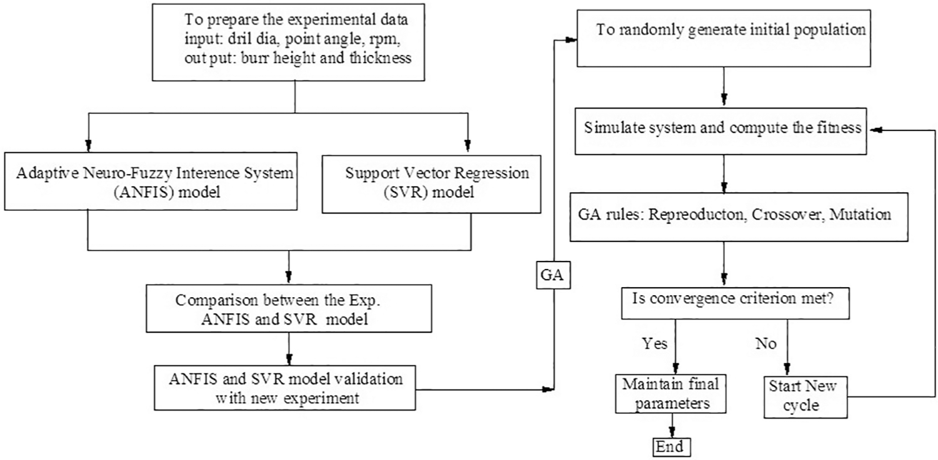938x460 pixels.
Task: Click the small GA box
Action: click(x=553, y=275)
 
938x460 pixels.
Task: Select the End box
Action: click(x=671, y=447)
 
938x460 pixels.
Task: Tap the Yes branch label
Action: click(x=654, y=343)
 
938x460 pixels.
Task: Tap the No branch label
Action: click(x=766, y=343)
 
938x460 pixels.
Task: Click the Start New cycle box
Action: click(x=806, y=397)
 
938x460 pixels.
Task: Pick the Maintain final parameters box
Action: click(x=671, y=393)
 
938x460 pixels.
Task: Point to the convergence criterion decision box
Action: click(x=735, y=303)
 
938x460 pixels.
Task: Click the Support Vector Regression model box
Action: click(x=431, y=184)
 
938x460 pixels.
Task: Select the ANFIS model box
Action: click(x=151, y=181)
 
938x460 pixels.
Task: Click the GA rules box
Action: click(x=739, y=217)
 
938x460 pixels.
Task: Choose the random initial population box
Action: click(x=724, y=39)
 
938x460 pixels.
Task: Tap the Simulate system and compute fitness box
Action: click(x=721, y=131)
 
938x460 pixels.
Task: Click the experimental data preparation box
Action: click(x=288, y=42)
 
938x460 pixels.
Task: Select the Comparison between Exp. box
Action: click(x=289, y=308)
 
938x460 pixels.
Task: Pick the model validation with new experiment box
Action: click(x=285, y=388)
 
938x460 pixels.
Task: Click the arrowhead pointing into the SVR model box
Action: click(x=467, y=145)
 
